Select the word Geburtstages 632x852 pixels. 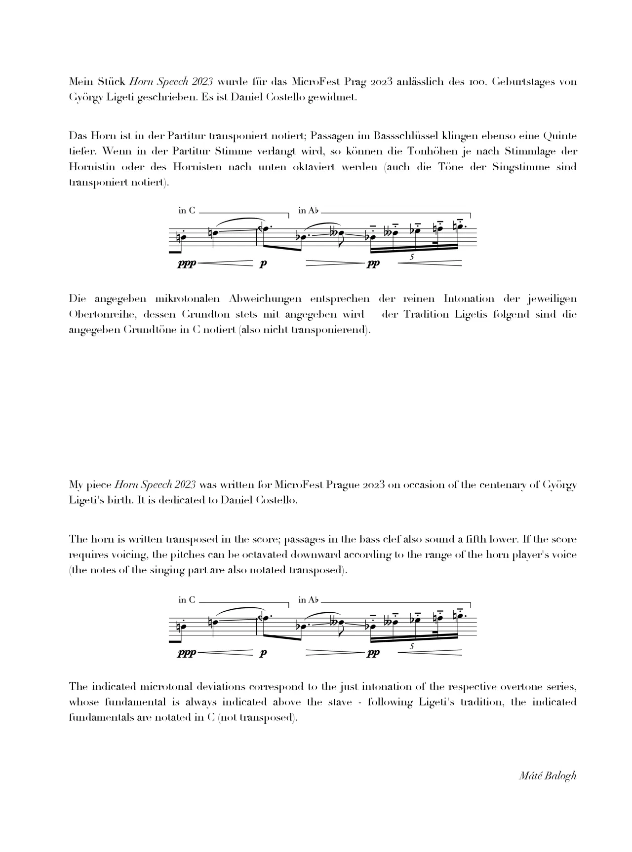(x=525, y=81)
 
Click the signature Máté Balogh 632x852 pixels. (x=548, y=775)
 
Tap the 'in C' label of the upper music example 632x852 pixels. (x=187, y=211)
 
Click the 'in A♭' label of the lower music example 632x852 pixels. (x=309, y=600)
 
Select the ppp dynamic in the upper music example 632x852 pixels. (x=187, y=264)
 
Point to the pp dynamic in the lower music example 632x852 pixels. (x=373, y=653)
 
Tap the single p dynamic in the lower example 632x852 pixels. (x=263, y=653)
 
